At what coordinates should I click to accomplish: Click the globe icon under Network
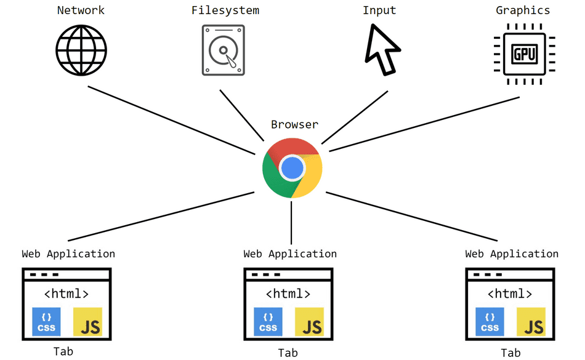(81, 50)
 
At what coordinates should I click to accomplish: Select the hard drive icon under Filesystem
(223, 50)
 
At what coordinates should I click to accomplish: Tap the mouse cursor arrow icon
(381, 50)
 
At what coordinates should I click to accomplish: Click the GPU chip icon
(525, 54)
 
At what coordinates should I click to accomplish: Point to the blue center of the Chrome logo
(292, 167)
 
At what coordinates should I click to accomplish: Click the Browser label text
(295, 125)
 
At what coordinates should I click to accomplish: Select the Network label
(81, 10)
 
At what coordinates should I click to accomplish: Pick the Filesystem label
(225, 10)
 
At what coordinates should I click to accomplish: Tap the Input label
(379, 10)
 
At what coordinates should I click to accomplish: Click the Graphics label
(523, 10)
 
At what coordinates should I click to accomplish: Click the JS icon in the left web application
(87, 322)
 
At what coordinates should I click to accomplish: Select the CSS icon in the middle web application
(268, 322)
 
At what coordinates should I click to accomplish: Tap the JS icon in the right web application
(531, 322)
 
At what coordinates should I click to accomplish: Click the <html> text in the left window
(66, 294)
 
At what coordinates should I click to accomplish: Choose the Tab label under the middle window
(288, 353)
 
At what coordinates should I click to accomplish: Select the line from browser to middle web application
(291, 222)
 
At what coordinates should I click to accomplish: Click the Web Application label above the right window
(512, 254)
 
